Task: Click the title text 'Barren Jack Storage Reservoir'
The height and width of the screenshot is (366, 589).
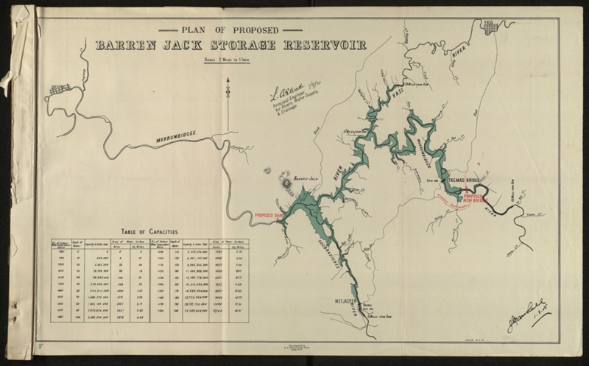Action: tap(231, 45)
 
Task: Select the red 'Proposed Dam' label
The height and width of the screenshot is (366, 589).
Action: tap(269, 216)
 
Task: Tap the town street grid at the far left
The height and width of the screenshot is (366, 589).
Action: tap(60, 90)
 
